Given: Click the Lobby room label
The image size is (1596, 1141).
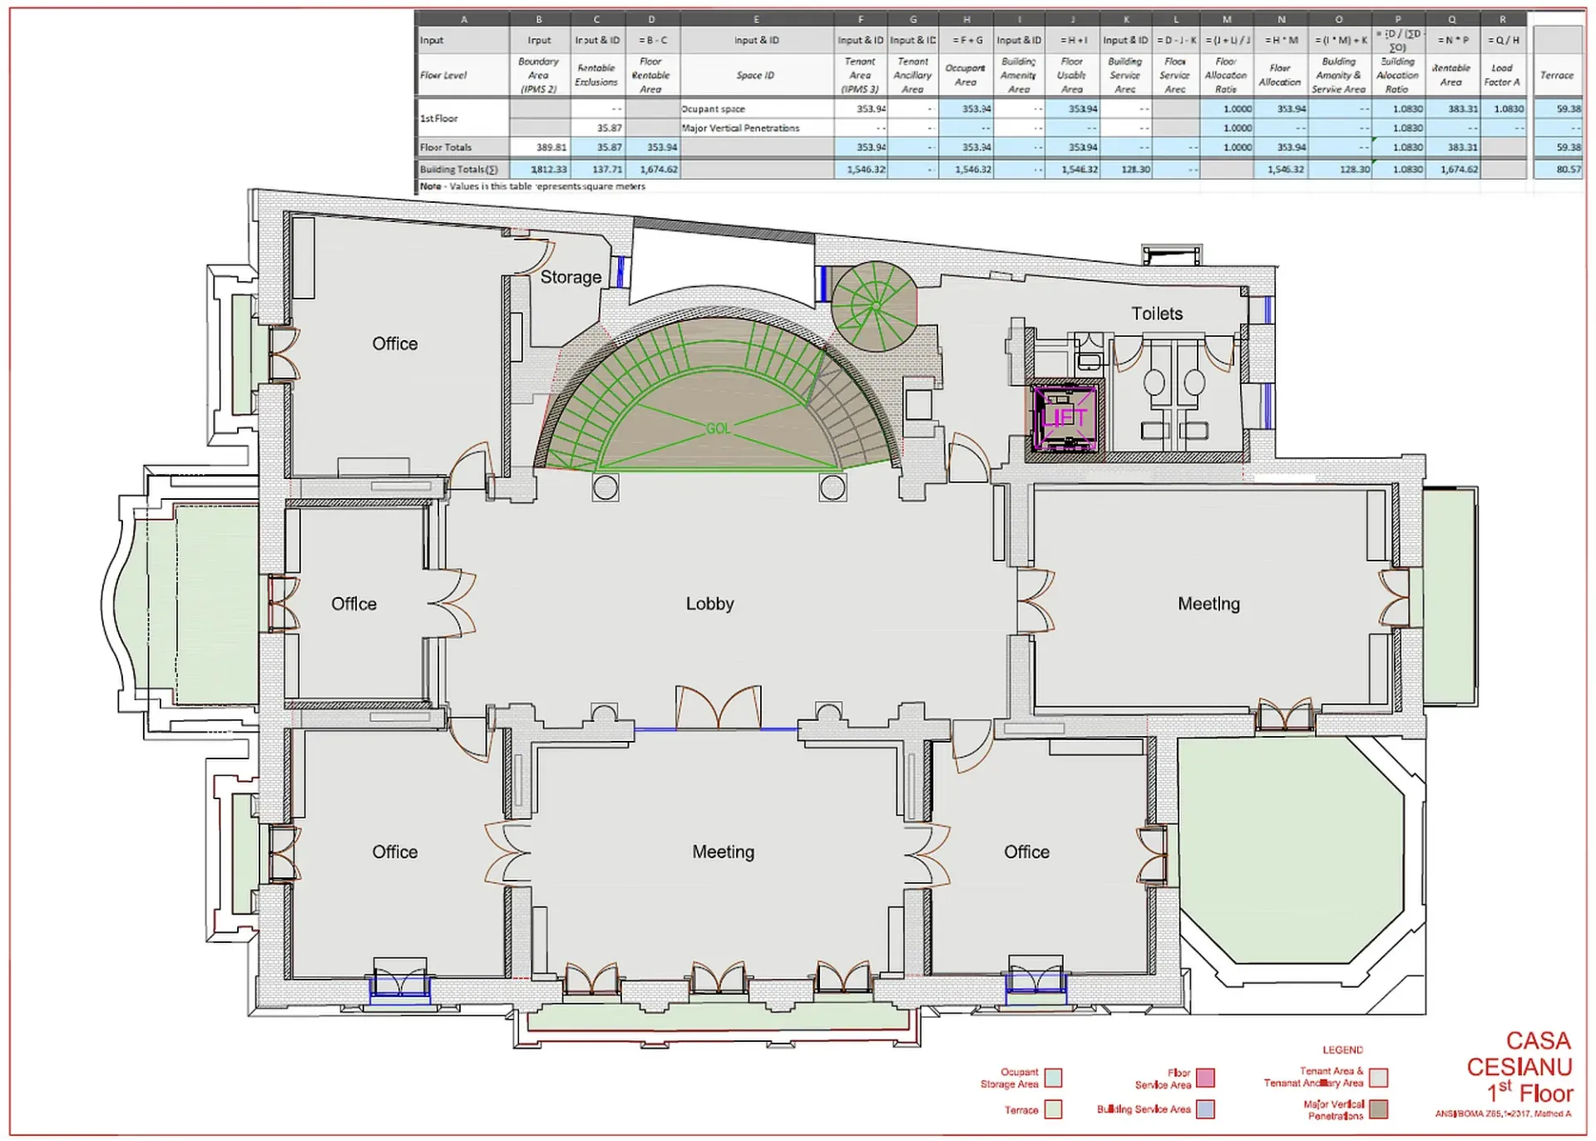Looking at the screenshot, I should coord(709,604).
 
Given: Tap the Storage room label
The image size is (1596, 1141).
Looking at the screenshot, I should coord(571,277).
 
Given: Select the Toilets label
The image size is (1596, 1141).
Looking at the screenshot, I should coord(1156,314).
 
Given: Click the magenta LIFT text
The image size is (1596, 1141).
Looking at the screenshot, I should coord(1064,418).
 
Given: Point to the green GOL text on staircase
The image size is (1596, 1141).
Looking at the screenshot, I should coord(718,428).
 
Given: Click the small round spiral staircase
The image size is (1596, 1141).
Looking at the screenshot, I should coord(874,306).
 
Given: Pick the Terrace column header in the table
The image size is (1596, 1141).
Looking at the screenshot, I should coord(1556,75).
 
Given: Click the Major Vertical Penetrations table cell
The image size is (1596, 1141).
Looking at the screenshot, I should coord(740,128).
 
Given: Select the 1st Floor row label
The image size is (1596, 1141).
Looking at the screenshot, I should coord(439,118).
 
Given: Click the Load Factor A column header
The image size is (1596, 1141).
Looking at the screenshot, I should coord(1501,75).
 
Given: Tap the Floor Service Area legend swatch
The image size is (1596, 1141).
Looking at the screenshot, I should coord(1204,1078).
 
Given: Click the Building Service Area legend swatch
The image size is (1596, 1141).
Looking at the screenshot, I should coord(1204,1109).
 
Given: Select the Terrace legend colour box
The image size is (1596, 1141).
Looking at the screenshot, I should coord(1053,1109).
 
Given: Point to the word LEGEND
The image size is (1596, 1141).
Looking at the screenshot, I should coord(1342,1050).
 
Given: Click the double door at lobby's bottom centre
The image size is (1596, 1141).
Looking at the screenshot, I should coord(718,709).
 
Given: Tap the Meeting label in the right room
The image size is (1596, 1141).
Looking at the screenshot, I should coord(1208,604).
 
